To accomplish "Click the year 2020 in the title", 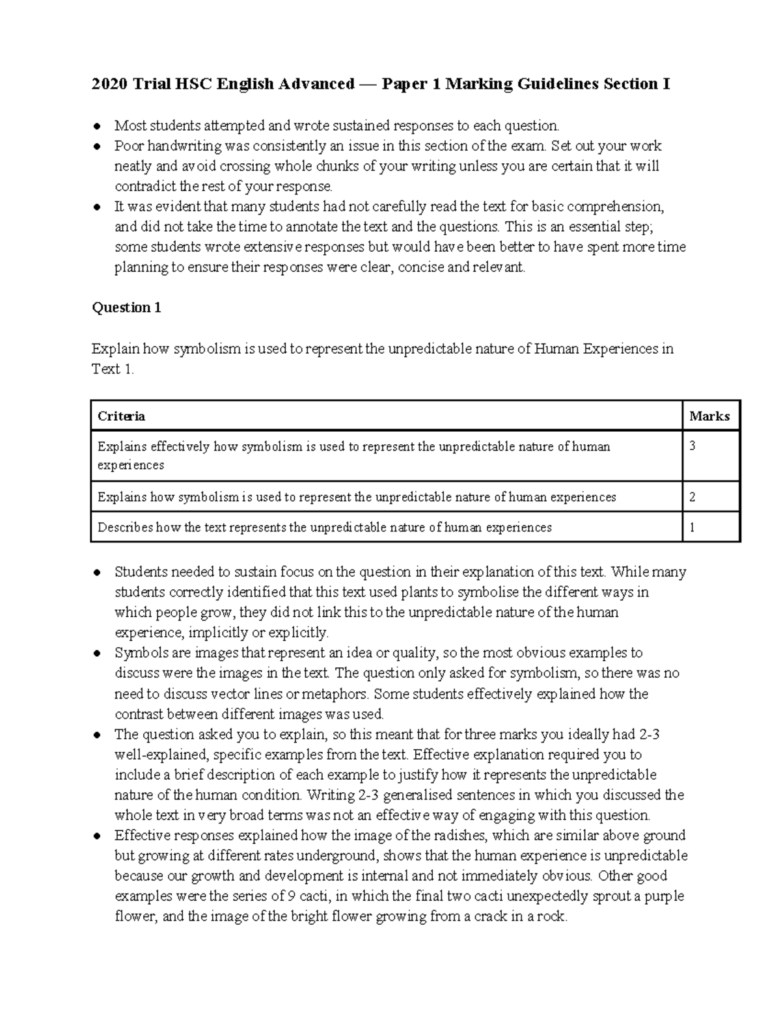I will pos(109,84).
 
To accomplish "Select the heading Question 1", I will pos(126,308).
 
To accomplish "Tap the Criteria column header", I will pos(121,416).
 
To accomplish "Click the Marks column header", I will pos(709,416).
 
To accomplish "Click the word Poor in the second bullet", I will pos(128,146).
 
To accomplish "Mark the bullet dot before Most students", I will pos(97,126).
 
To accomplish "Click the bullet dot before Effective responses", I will pos(97,836).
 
